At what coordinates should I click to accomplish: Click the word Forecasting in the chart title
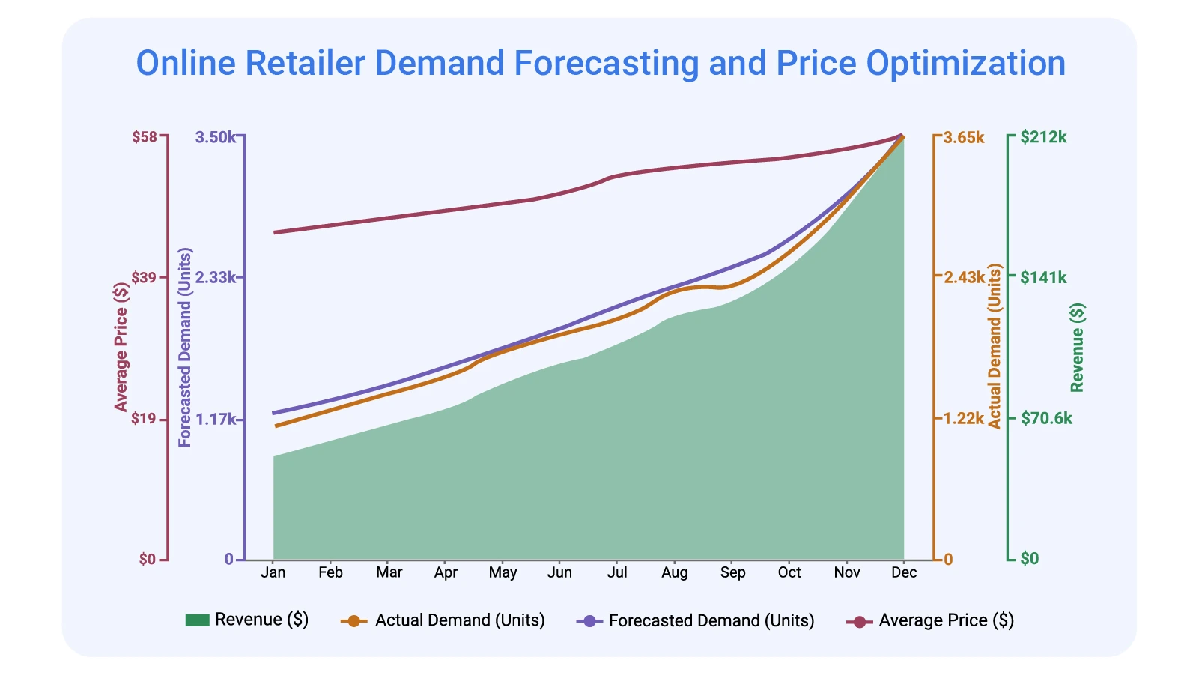[606, 64]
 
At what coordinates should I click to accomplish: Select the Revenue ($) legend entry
[246, 620]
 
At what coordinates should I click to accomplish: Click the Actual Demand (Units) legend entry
[443, 620]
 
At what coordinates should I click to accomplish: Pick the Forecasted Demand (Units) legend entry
[695, 621]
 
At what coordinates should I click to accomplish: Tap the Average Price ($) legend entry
[930, 620]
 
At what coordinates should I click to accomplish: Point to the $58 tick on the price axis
[145, 137]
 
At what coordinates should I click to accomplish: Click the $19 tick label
[145, 419]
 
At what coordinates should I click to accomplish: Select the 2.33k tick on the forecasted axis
[215, 278]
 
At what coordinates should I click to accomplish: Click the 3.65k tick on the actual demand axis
[964, 137]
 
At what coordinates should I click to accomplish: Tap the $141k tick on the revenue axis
[1043, 278]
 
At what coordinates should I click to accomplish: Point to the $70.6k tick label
[1046, 419]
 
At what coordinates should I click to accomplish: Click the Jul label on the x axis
[617, 572]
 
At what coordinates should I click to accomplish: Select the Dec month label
[904, 572]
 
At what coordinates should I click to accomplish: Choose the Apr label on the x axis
[446, 572]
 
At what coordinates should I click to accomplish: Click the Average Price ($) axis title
[121, 347]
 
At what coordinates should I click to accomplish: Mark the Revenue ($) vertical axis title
[1077, 347]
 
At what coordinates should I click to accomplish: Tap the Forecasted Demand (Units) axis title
[185, 347]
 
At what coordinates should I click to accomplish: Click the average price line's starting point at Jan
[274, 232]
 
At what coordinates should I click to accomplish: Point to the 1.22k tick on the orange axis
[964, 419]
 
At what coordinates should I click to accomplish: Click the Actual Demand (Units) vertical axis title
[995, 347]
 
